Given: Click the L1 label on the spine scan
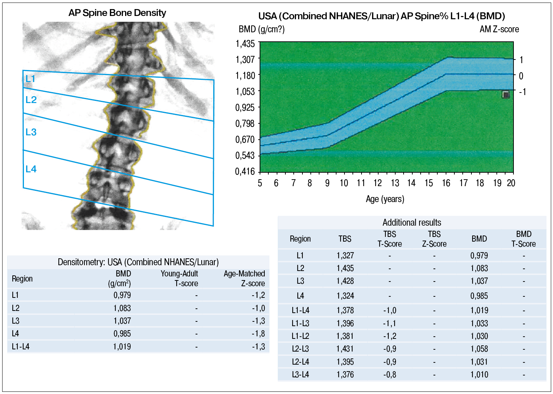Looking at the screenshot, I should [30, 79].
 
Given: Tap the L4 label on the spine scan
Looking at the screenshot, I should [31, 169].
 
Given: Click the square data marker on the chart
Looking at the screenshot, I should [505, 95].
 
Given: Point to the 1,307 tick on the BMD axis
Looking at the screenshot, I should [245, 59].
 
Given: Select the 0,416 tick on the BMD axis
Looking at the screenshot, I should [245, 171].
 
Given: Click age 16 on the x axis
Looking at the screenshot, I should [446, 183].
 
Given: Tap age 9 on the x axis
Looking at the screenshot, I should [327, 183].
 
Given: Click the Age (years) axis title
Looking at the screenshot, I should [385, 199].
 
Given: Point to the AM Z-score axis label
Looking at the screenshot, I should [499, 29].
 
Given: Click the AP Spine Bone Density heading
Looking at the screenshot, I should [117, 13].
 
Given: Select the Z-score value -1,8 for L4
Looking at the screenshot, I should [258, 333].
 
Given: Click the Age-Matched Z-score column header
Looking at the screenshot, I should [244, 278].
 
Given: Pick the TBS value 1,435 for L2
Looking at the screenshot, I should [345, 268].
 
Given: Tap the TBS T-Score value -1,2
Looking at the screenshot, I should [389, 336].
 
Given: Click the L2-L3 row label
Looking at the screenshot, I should [300, 349].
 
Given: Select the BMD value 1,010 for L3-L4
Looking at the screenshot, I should [479, 374].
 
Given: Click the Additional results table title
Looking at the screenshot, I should [412, 222].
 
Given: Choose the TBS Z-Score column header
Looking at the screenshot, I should [434, 239].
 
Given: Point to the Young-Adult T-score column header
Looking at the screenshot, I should [179, 278].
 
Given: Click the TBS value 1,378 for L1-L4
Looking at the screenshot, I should [345, 310].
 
